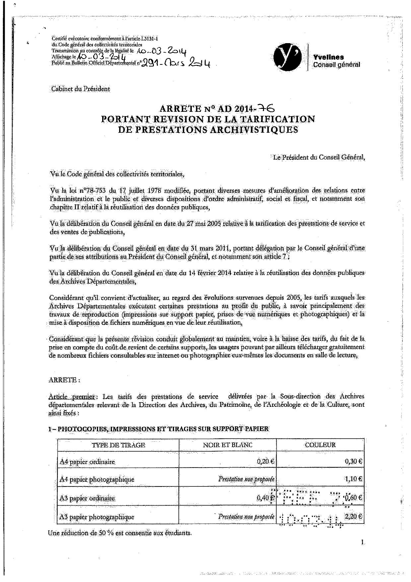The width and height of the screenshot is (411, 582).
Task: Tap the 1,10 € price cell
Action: [x=355, y=479]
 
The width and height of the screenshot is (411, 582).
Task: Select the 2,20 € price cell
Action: [x=355, y=517]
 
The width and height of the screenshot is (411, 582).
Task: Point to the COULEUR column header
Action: [x=320, y=445]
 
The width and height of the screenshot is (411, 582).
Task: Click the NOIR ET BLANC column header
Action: [x=228, y=445]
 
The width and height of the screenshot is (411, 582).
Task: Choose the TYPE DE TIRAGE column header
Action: [x=118, y=445]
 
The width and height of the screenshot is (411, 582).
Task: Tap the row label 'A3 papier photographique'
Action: [x=97, y=517]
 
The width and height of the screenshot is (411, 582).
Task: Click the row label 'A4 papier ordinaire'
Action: [x=88, y=462]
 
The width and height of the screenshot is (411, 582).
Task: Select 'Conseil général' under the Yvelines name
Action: [x=336, y=65]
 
